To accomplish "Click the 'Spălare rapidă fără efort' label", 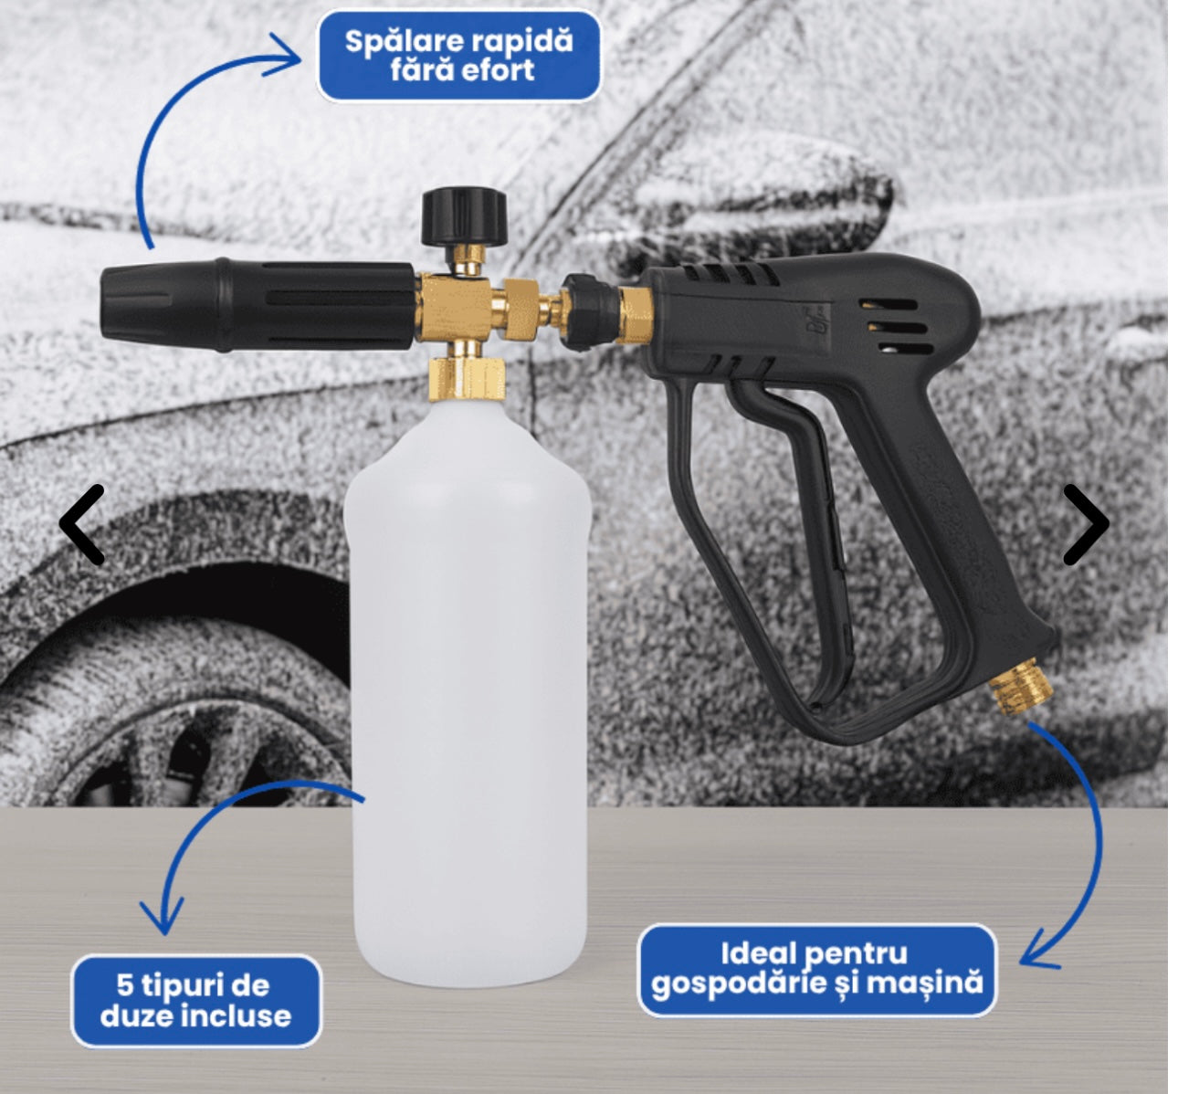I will [x=458, y=56].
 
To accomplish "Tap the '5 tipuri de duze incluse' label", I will [x=195, y=1001].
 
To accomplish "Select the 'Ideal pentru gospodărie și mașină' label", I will [x=816, y=969].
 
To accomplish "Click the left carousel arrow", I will [x=82, y=524].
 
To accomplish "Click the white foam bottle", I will [x=468, y=685].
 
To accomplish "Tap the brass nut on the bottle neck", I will [x=467, y=378].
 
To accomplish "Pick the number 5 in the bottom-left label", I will [x=125, y=985].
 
